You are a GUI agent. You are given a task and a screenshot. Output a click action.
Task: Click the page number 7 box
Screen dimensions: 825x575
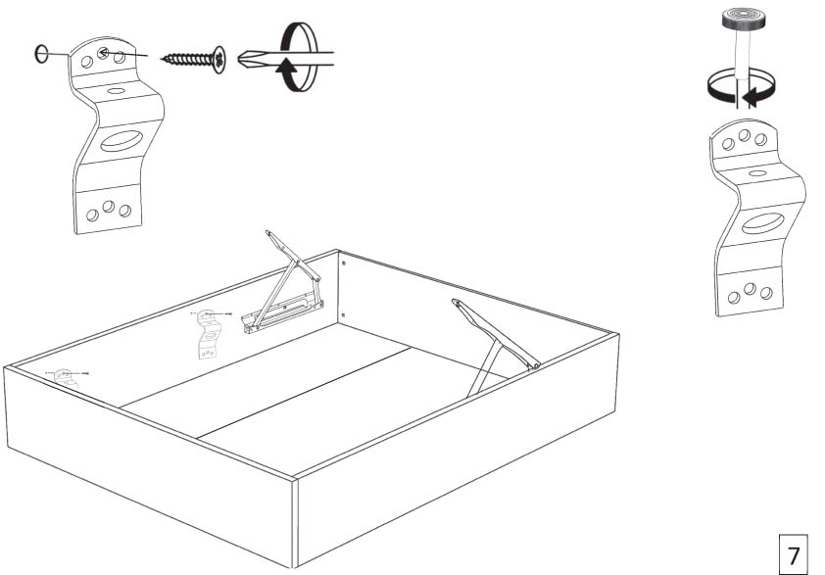793,554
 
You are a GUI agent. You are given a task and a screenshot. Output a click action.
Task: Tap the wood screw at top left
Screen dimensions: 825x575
193,59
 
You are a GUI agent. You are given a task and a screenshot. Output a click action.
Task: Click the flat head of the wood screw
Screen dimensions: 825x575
219,60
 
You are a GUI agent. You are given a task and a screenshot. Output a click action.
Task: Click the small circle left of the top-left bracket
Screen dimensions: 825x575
41,53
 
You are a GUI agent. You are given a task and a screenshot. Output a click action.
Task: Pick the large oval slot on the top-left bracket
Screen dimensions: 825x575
121,141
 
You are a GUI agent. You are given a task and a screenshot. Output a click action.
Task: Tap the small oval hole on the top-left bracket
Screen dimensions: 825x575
117,91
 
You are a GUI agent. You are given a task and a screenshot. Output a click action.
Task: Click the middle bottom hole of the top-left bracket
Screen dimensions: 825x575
109,207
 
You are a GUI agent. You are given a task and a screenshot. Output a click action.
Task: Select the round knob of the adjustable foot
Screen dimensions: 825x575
743,18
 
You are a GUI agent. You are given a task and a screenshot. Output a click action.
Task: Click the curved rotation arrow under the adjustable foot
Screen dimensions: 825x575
742,89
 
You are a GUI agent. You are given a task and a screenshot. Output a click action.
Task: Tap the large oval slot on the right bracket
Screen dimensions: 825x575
763,223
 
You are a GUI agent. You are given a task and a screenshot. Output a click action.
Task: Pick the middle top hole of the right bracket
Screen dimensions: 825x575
744,136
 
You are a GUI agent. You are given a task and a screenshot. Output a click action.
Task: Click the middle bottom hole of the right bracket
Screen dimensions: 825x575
751,289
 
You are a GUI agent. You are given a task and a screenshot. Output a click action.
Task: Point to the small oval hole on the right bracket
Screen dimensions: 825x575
757,173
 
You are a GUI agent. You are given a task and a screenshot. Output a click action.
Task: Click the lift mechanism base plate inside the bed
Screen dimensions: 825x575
283,314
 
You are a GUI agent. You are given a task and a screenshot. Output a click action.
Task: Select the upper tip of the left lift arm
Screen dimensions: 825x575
267,232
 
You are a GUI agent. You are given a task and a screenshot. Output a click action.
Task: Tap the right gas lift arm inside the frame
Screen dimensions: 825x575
496,345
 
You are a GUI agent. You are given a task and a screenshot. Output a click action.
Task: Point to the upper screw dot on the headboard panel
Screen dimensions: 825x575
344,263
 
